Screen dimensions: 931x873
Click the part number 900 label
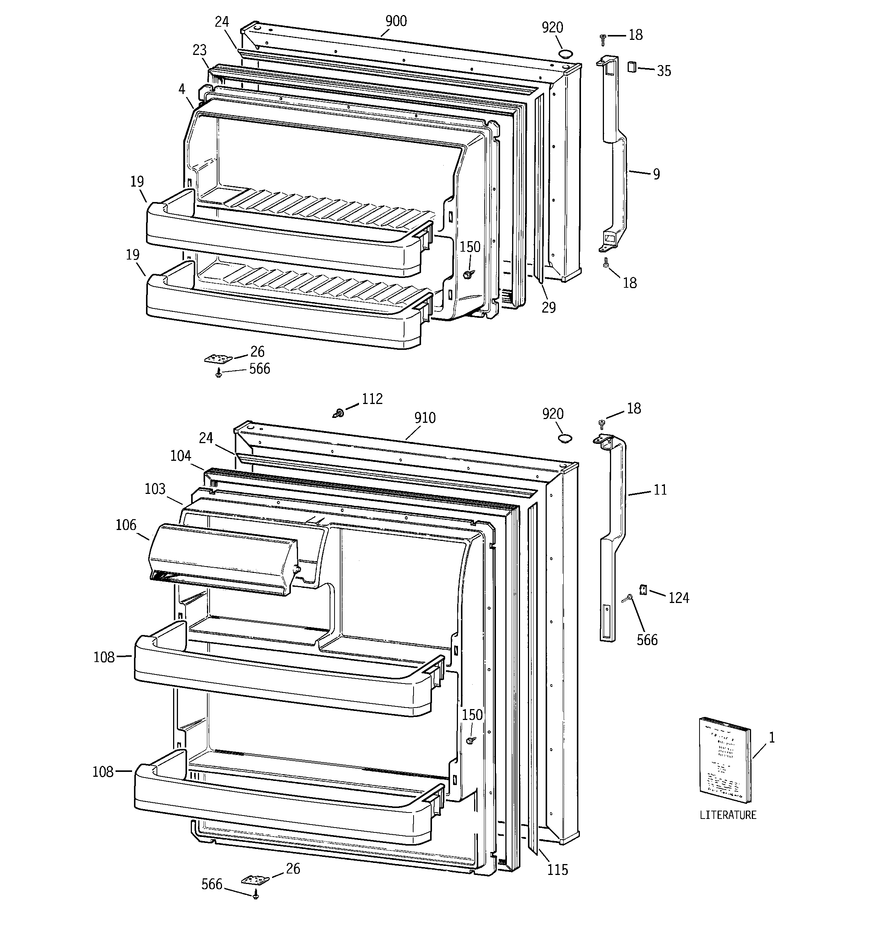396,21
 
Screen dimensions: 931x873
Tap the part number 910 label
424,418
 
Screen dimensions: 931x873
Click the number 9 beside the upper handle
657,174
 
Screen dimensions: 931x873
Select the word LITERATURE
728,815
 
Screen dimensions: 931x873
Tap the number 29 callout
548,307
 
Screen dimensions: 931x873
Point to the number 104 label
180,456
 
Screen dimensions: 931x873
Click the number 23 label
199,50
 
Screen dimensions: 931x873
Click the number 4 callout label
182,89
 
